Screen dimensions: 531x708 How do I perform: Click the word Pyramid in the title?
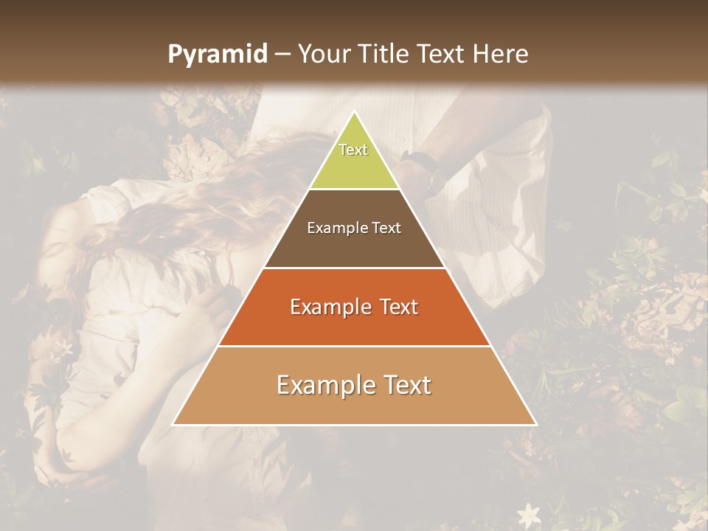(x=217, y=55)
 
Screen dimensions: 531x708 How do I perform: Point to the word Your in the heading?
(x=324, y=54)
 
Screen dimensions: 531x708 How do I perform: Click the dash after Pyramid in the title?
(x=282, y=55)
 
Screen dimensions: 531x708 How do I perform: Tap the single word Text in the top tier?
(x=353, y=150)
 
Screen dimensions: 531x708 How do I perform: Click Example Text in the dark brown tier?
(x=354, y=228)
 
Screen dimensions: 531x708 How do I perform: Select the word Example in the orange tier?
(x=330, y=307)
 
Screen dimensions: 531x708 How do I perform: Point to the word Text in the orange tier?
(x=398, y=307)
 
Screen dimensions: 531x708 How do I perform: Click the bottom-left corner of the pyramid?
(x=173, y=424)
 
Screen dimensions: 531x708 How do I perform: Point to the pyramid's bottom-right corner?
(x=536, y=424)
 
